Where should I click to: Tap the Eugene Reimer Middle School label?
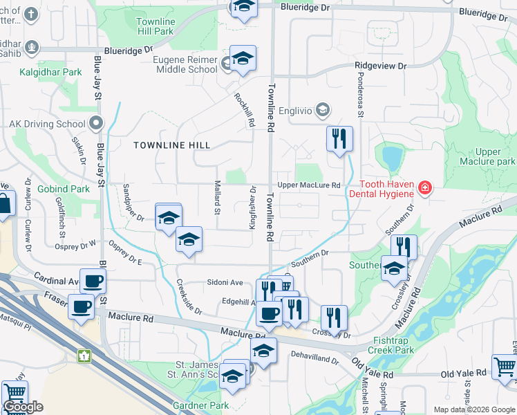click(x=185, y=64)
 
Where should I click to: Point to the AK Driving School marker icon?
click(x=95, y=124)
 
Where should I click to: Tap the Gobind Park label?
click(x=64, y=189)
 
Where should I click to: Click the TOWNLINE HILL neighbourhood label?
click(x=171, y=145)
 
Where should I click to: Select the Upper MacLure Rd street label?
click(x=309, y=185)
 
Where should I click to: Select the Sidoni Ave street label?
click(x=227, y=282)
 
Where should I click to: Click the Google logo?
click(x=23, y=407)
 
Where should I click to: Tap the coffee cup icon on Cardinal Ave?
click(x=93, y=282)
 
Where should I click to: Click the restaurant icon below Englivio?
click(x=339, y=139)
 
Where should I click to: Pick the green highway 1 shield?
click(x=85, y=356)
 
